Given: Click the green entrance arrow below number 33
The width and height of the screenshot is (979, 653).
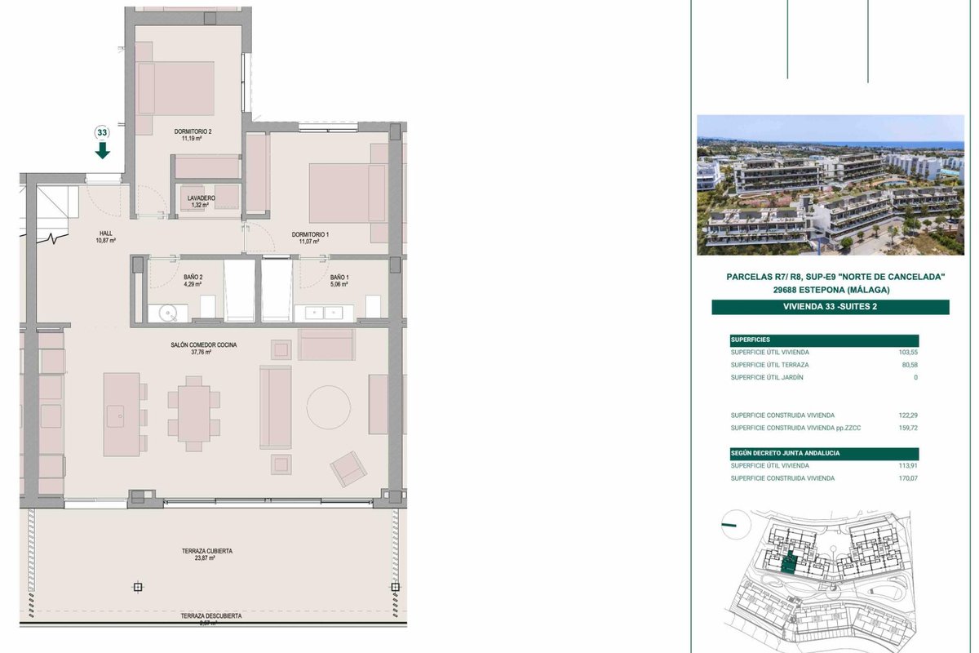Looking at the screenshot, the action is click(x=102, y=150).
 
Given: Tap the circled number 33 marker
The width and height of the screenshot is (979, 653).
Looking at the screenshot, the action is click(x=102, y=132).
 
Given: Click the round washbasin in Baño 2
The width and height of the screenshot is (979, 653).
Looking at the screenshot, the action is click(x=168, y=313).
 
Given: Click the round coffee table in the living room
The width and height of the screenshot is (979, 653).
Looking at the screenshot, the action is click(x=328, y=407).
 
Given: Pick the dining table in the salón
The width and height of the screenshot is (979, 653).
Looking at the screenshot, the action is click(x=194, y=413).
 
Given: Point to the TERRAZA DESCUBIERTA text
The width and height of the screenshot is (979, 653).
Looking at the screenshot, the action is click(x=211, y=615).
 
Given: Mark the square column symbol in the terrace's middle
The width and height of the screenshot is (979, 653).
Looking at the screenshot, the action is click(x=138, y=587).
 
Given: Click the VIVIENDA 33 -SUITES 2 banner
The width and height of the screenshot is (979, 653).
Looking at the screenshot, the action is click(x=830, y=307).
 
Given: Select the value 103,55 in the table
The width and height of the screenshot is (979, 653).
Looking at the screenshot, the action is click(x=908, y=352).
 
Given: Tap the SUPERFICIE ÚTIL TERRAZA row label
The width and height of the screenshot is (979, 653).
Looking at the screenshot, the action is click(x=769, y=365).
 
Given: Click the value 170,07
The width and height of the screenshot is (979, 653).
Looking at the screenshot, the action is click(x=908, y=478).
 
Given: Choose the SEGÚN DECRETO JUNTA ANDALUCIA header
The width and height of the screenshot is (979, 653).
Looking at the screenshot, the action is click(x=785, y=453).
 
